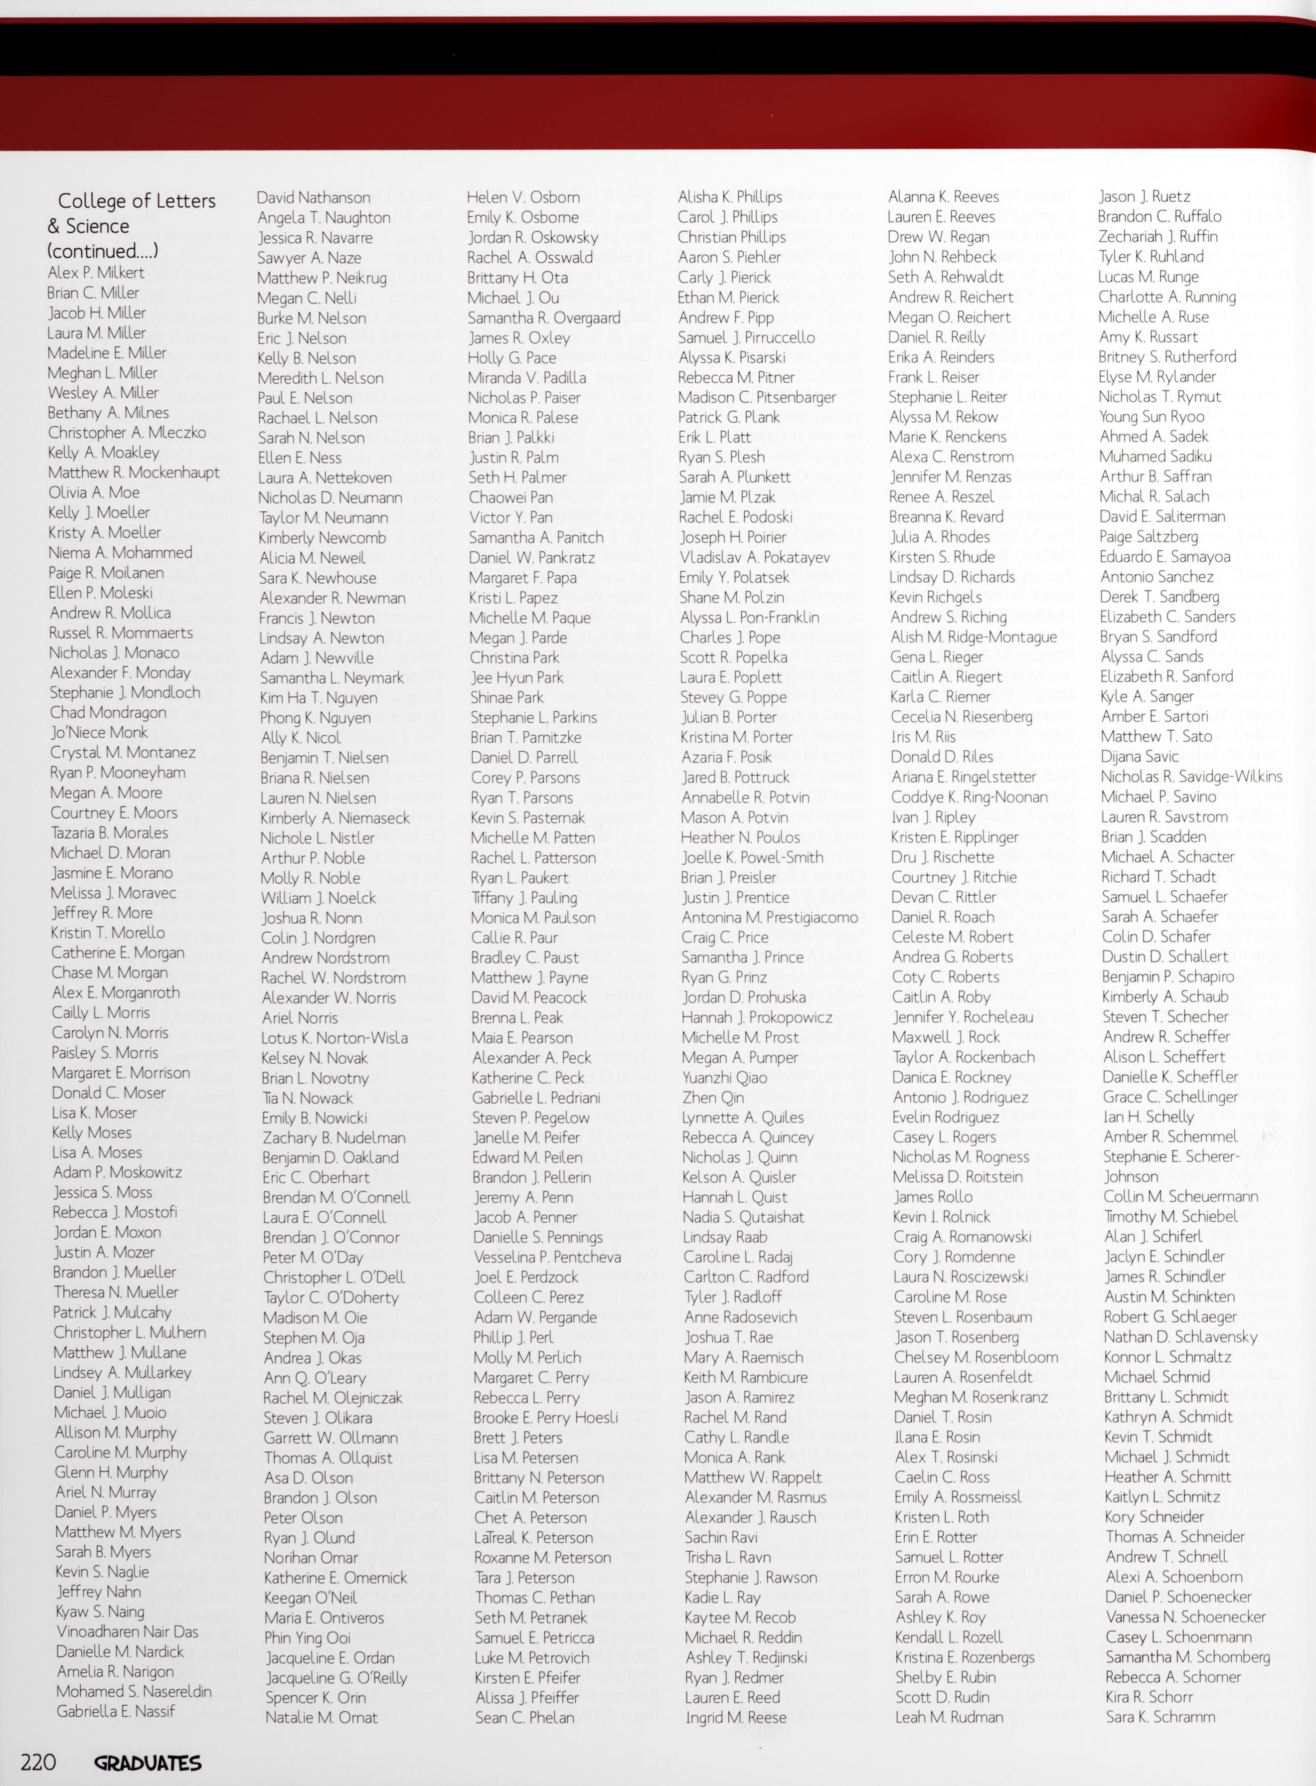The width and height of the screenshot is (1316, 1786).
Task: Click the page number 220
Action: [x=37, y=1761]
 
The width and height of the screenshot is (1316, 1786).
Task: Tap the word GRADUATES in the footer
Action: [x=148, y=1763]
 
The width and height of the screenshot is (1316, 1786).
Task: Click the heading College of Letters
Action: [x=136, y=201]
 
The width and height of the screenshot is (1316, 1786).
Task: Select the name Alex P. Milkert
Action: [x=96, y=273]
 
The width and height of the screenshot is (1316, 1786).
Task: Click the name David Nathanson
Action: [x=313, y=197]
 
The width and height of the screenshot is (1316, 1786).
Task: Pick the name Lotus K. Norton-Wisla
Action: [x=334, y=1037]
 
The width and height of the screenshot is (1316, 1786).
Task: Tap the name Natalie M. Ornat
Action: [x=321, y=1717]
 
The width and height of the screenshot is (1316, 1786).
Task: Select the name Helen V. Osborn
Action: [x=523, y=197]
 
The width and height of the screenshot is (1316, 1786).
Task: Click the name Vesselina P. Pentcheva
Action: [x=546, y=1256]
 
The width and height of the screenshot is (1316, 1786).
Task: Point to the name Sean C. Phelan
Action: [x=524, y=1717]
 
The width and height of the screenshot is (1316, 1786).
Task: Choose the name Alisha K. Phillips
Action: [x=730, y=197]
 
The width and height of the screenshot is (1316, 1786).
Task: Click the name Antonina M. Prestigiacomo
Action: [x=770, y=917]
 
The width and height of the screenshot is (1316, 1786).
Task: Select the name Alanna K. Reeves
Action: [x=943, y=197]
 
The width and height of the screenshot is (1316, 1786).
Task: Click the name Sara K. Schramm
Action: [x=1160, y=1717]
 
